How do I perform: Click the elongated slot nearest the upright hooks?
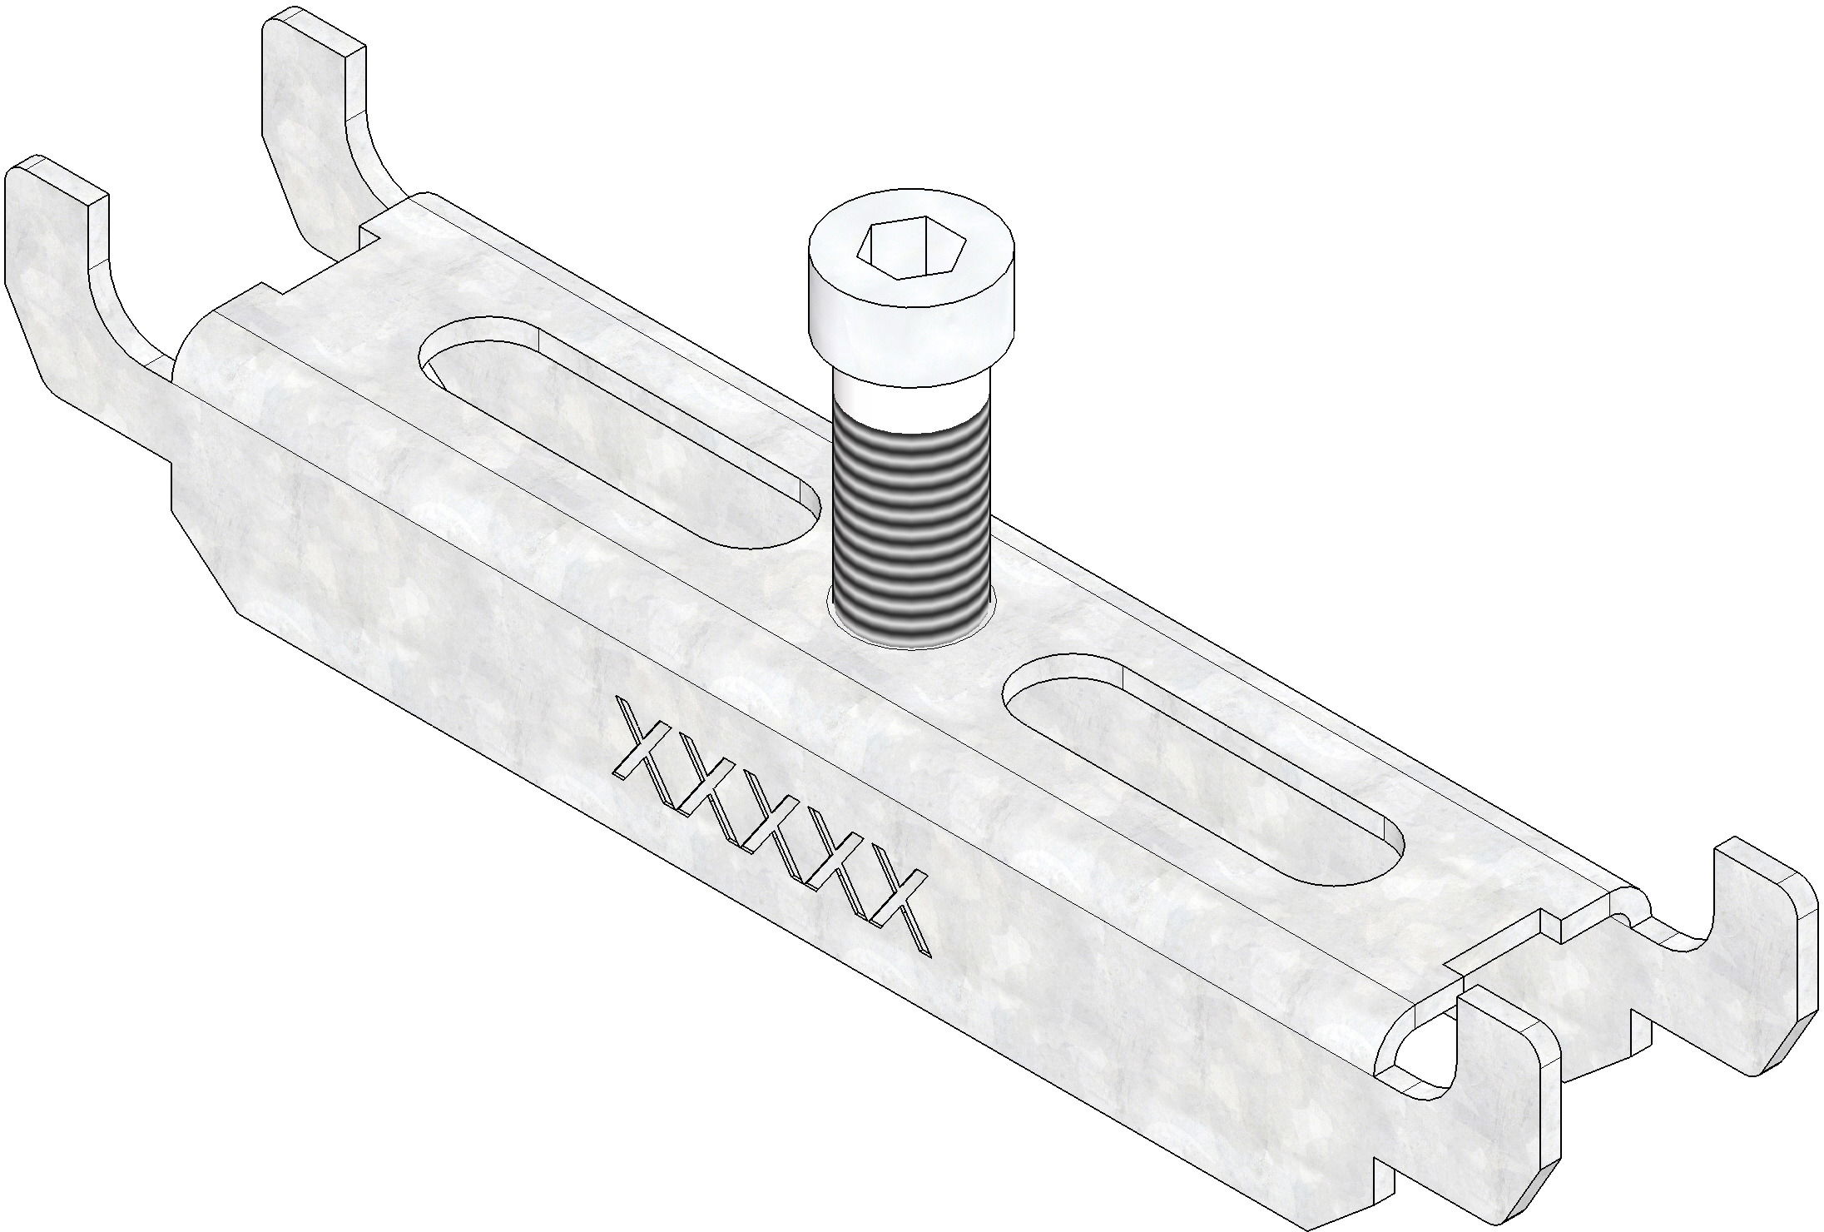[616, 433]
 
